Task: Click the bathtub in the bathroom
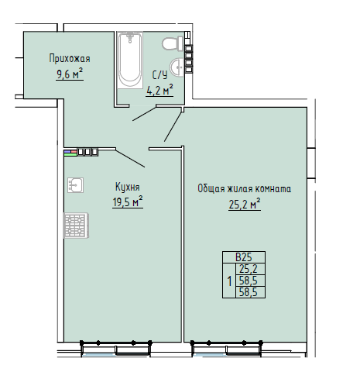(x=130, y=60)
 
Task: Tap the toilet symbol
(x=173, y=43)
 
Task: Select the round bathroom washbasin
(x=177, y=67)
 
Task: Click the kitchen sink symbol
(x=75, y=185)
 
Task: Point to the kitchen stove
(x=76, y=226)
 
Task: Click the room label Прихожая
(x=70, y=59)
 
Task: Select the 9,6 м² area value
(x=70, y=74)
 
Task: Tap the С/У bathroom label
(x=159, y=75)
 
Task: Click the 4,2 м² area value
(x=159, y=91)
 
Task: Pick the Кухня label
(x=128, y=187)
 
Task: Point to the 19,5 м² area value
(x=128, y=201)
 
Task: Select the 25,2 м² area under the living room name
(x=245, y=205)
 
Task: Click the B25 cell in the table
(x=244, y=257)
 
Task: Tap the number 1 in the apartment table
(x=229, y=281)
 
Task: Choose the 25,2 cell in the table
(x=249, y=269)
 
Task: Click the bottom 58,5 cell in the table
(x=249, y=292)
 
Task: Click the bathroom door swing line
(x=145, y=113)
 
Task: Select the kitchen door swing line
(x=130, y=158)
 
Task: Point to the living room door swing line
(x=173, y=125)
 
